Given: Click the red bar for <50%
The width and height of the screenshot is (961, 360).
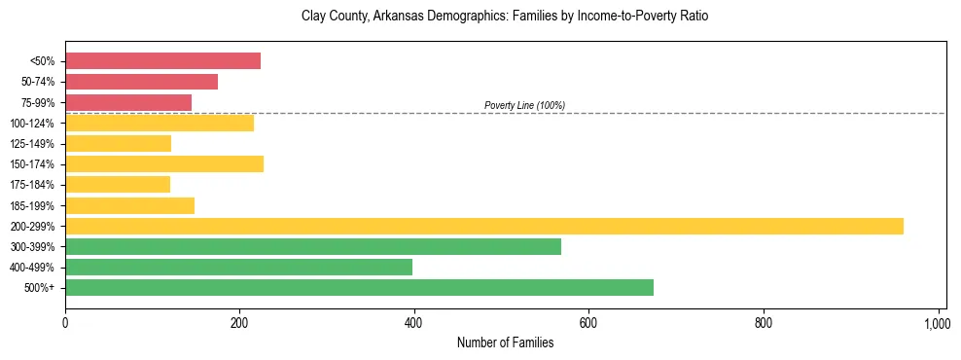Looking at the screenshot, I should pyautogui.click(x=162, y=61).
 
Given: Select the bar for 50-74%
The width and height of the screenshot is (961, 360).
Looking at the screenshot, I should pyautogui.click(x=141, y=82).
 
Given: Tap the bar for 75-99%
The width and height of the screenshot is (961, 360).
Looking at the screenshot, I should pyautogui.click(x=128, y=102).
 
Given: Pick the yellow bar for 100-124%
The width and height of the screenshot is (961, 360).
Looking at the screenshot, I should pyautogui.click(x=160, y=123).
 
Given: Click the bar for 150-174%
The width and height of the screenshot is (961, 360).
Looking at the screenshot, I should pyautogui.click(x=164, y=164).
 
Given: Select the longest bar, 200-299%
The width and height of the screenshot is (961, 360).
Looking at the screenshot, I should pyautogui.click(x=484, y=227).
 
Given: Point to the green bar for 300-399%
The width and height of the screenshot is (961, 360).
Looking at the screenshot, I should pyautogui.click(x=313, y=247).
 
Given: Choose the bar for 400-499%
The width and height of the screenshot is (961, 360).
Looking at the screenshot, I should pyautogui.click(x=238, y=268).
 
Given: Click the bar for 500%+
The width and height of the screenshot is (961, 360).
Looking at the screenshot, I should pyautogui.click(x=359, y=288).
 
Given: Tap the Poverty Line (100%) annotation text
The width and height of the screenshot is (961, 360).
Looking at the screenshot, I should pyautogui.click(x=524, y=105).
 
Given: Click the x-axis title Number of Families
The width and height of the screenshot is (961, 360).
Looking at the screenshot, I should pyautogui.click(x=505, y=342).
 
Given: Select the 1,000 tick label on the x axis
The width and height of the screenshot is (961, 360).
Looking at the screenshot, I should pyautogui.click(x=937, y=322).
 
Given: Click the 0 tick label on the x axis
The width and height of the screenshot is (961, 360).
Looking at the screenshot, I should pyautogui.click(x=65, y=322).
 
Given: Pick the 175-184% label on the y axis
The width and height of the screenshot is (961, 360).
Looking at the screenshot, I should pyautogui.click(x=32, y=185).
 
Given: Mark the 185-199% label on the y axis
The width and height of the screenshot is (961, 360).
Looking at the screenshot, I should pyautogui.click(x=32, y=206).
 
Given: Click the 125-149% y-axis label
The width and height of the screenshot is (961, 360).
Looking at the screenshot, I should pyautogui.click(x=32, y=144).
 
